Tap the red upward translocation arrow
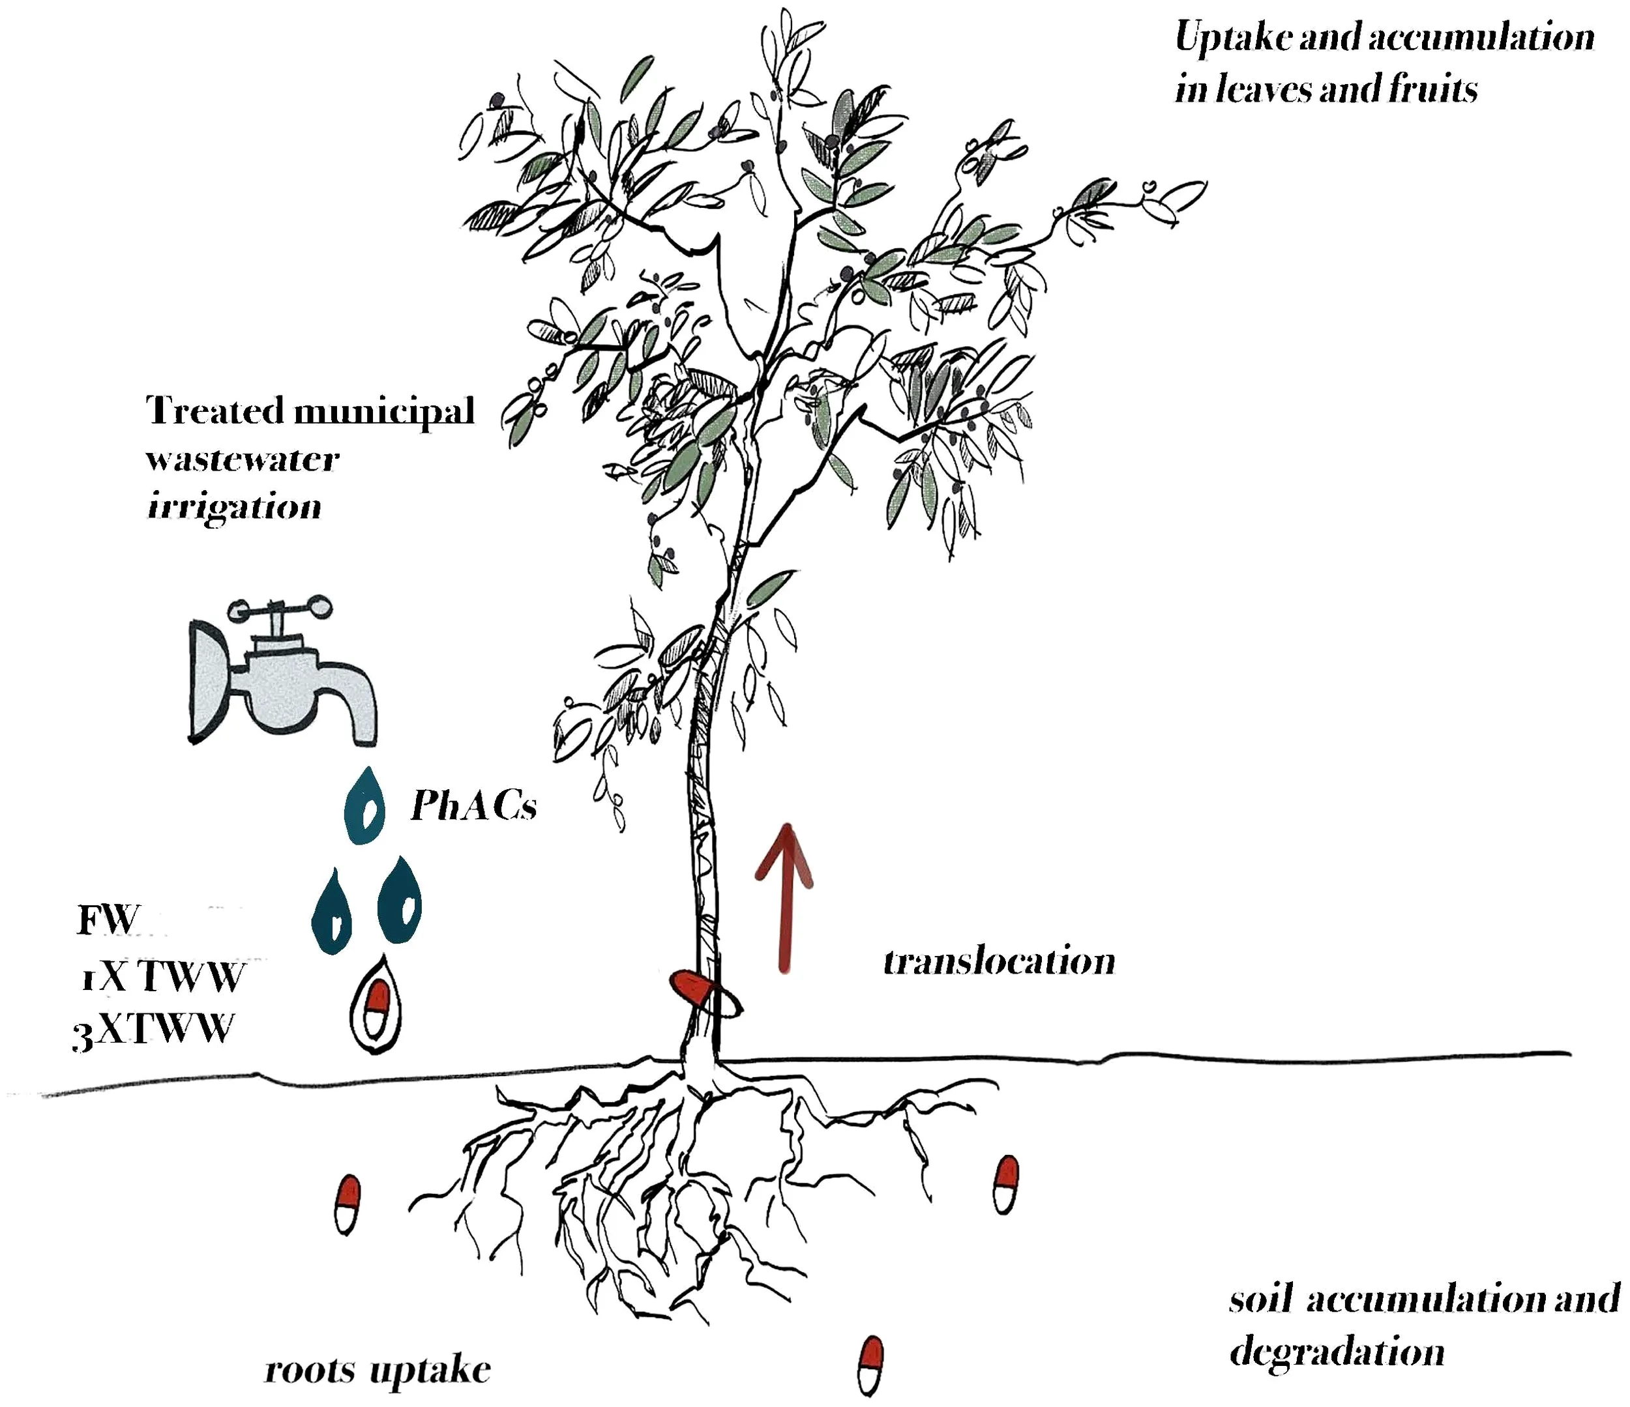pos(784,897)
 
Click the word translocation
pos(999,961)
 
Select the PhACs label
pos(473,805)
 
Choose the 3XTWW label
pos(153,1030)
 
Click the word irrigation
pos(235,506)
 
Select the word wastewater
pos(243,459)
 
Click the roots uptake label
pos(378,1369)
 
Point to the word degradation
pos(1337,1352)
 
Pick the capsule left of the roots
pos(347,1206)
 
